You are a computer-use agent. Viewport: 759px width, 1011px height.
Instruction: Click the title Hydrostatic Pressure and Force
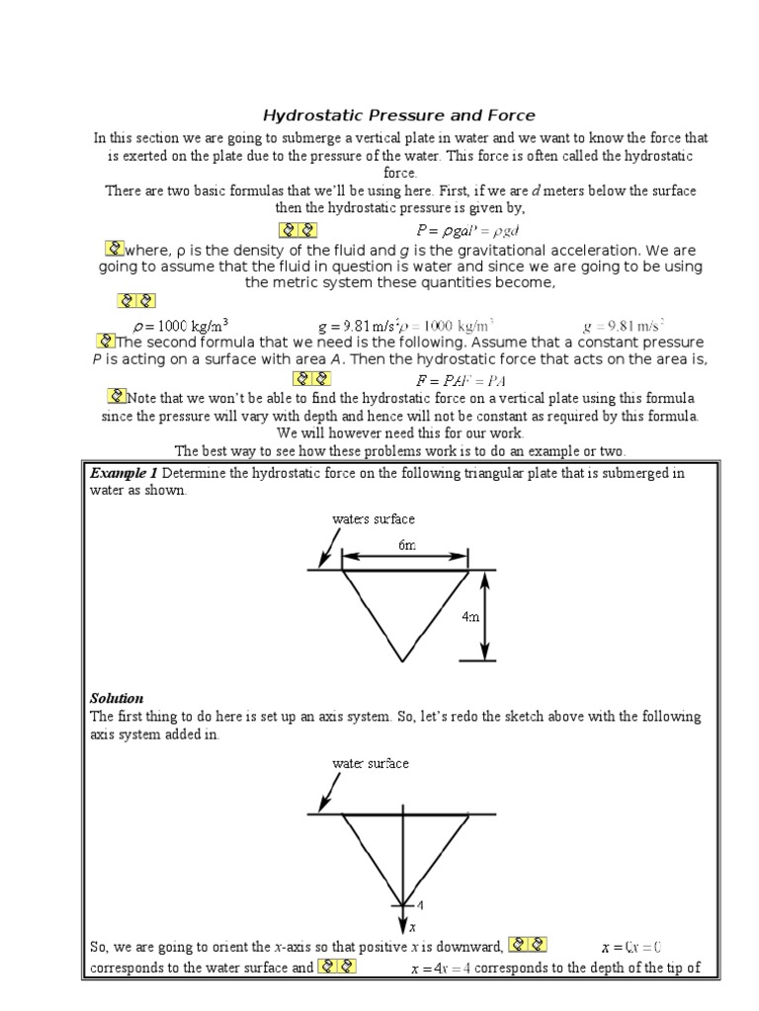(398, 116)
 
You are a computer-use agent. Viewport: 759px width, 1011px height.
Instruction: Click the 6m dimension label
(406, 544)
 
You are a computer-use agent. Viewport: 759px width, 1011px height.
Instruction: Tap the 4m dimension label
(470, 616)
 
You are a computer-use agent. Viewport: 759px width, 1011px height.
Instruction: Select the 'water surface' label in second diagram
(371, 763)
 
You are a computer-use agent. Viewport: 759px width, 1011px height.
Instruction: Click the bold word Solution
(117, 698)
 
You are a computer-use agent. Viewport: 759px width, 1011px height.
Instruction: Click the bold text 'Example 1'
(125, 473)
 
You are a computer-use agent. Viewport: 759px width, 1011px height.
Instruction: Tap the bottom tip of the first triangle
(402, 660)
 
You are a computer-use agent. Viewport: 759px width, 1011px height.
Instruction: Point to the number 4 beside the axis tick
(419, 904)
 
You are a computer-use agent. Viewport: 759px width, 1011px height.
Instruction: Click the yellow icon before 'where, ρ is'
(114, 248)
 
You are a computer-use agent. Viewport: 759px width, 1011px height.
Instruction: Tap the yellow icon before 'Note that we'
(118, 397)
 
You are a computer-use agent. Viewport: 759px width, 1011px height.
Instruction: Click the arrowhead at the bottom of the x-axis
(402, 925)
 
